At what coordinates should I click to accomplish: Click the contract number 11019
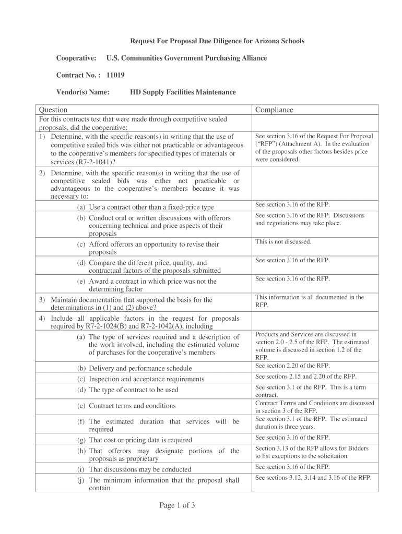[x=115, y=75]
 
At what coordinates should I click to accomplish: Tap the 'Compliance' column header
[x=274, y=110]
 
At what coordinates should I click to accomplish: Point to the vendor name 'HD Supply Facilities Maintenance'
[x=183, y=92]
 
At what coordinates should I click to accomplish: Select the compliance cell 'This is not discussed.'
[x=283, y=242]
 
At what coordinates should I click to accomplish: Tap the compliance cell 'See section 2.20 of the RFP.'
[x=292, y=366]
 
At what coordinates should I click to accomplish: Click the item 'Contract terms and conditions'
[x=132, y=406]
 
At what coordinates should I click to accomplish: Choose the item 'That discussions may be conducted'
[x=140, y=469]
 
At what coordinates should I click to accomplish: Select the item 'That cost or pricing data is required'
[x=140, y=440]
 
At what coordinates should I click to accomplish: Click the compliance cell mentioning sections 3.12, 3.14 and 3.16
[x=313, y=478]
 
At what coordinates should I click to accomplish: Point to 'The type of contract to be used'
[x=134, y=390]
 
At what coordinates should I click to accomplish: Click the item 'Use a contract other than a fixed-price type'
[x=151, y=208]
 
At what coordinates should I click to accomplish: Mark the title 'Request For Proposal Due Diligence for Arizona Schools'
[x=217, y=41]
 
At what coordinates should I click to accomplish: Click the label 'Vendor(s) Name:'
[x=83, y=92]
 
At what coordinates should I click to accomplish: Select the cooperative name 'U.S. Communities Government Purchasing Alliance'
[x=186, y=58]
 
